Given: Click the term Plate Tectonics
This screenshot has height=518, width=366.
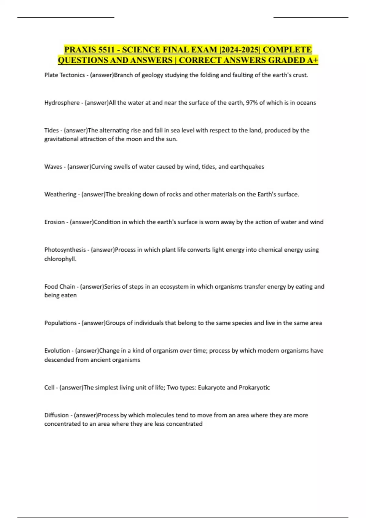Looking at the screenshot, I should point(64,75).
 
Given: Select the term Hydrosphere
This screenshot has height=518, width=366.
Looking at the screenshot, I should point(62,103).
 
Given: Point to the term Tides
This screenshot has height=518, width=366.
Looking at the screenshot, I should point(51,130).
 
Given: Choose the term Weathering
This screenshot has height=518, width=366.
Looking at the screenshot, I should point(60,194).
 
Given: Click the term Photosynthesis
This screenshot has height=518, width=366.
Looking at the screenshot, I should point(65,250).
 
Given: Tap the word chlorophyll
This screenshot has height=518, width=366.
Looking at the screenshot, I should point(60,259).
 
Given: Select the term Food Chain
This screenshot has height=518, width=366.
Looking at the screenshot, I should point(59,287).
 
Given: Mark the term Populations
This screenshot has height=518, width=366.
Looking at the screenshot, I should point(60,323).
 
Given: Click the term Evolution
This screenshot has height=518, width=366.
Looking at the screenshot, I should point(57,351).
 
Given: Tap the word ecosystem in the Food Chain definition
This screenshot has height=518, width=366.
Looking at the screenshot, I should point(174,287).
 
